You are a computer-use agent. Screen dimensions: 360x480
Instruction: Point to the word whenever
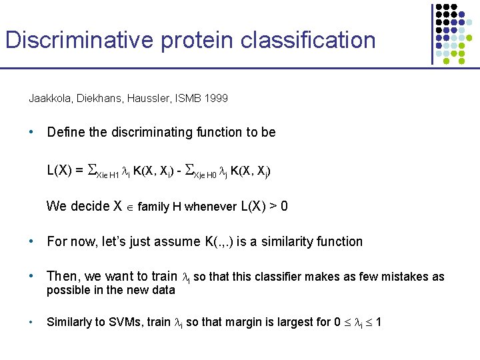(x=211, y=207)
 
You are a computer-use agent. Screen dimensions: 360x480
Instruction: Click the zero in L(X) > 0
(x=285, y=207)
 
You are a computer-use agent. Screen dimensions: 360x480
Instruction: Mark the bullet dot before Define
(x=31, y=132)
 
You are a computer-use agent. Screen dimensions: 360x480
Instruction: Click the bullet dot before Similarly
(x=31, y=322)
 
